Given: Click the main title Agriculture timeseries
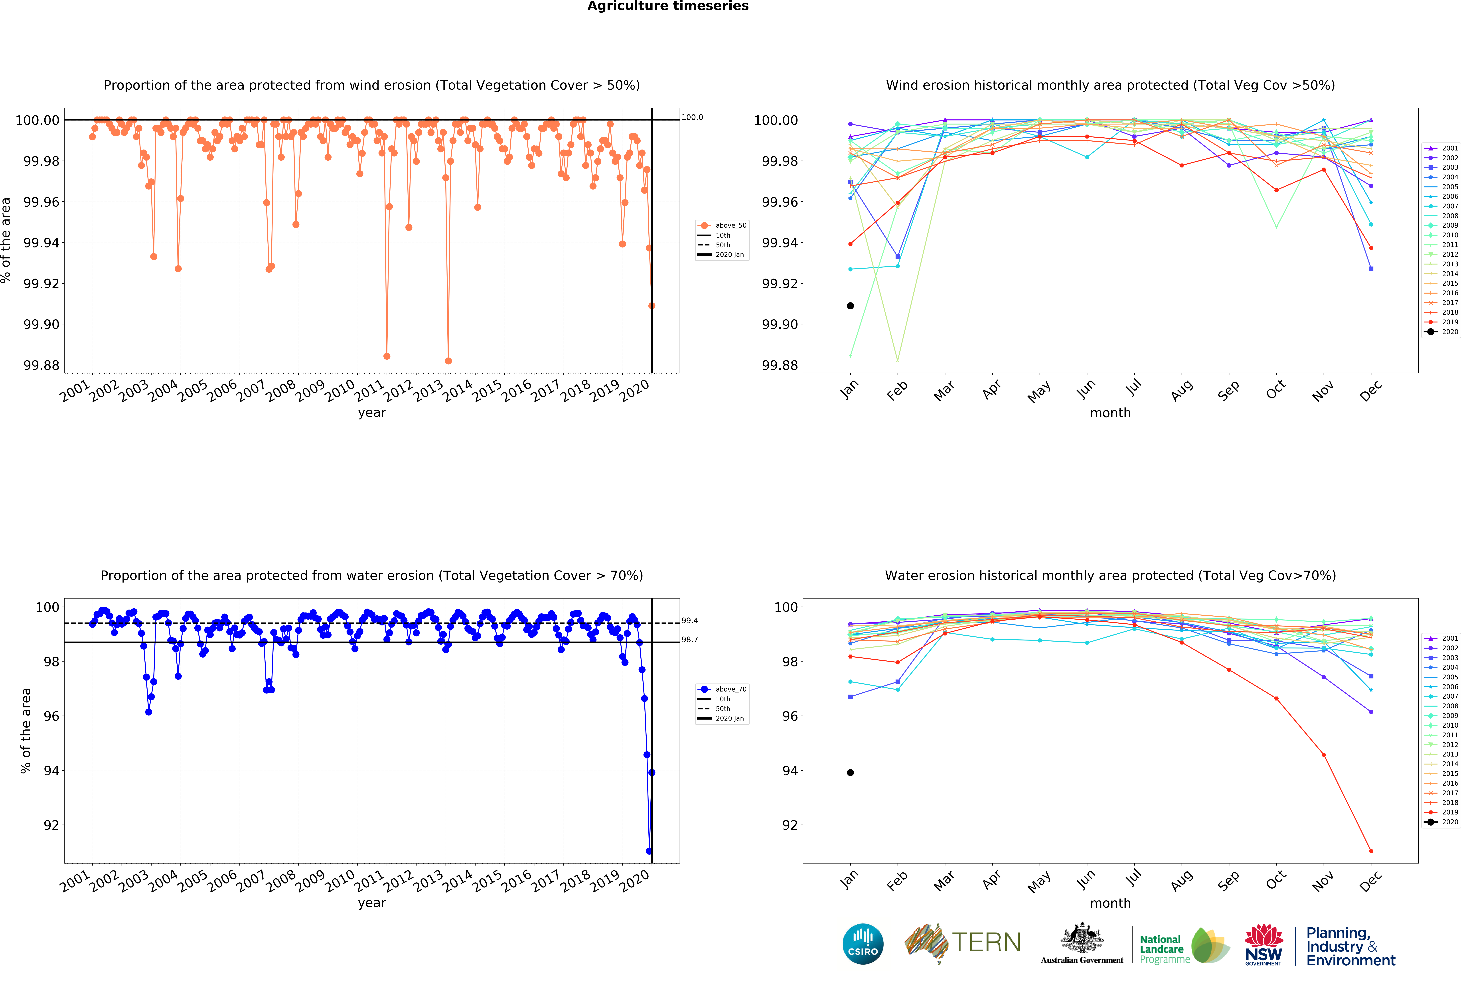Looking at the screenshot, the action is (668, 6).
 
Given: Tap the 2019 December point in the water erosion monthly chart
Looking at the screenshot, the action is (1371, 850).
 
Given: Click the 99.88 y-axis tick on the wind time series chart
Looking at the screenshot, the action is (41, 365).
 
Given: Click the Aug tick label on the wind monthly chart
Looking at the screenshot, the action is (1181, 390).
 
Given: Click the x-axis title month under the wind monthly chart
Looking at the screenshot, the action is (1110, 413).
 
